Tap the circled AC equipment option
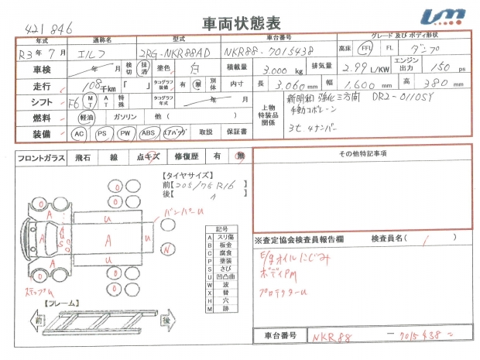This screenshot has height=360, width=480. [x=79, y=134]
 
